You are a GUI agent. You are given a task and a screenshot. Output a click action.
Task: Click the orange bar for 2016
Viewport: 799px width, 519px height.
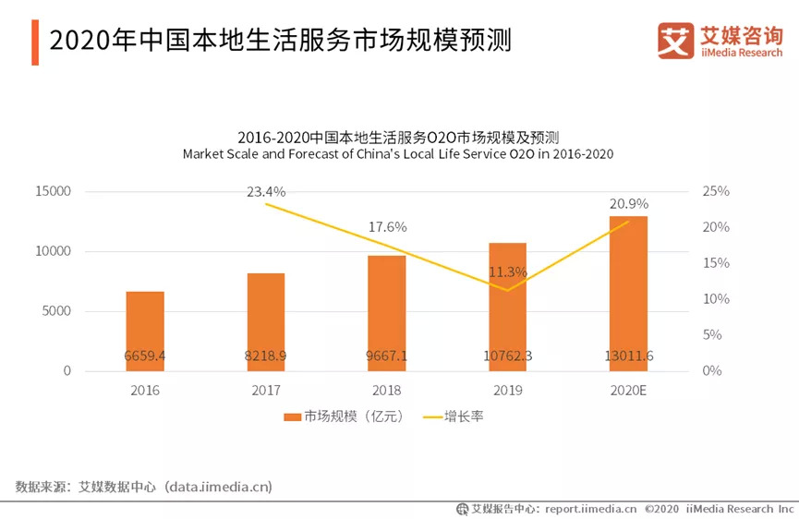pos(145,331)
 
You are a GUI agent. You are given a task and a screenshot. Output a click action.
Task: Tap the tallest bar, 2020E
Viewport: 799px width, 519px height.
pos(628,293)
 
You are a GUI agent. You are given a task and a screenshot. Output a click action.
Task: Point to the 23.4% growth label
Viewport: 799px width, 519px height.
pos(266,192)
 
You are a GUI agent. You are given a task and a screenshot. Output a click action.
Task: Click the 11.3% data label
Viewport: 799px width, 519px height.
pos(507,272)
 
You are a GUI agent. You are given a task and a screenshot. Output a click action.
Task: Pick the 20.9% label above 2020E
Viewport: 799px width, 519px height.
pos(628,203)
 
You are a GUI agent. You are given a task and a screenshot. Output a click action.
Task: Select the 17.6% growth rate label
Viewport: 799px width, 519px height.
pos(387,227)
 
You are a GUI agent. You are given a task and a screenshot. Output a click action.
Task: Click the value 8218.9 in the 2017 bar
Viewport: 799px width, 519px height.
pos(266,356)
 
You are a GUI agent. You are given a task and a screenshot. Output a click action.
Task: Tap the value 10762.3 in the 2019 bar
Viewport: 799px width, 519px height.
pos(507,356)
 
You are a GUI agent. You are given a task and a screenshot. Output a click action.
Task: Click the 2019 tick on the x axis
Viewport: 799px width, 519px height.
pos(507,391)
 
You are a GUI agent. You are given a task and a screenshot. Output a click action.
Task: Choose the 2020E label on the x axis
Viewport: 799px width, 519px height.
pos(628,391)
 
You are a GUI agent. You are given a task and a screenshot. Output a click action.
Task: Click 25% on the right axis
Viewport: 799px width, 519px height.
pos(716,191)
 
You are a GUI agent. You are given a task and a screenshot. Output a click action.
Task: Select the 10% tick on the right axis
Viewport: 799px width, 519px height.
pos(716,299)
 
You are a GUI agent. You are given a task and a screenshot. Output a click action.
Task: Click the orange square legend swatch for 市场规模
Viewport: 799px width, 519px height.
pos(291,417)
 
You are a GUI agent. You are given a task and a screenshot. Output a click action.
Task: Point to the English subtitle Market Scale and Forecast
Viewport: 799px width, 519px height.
pos(398,154)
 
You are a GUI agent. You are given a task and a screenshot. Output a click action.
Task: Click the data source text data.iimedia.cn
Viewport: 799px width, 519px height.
pos(218,486)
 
